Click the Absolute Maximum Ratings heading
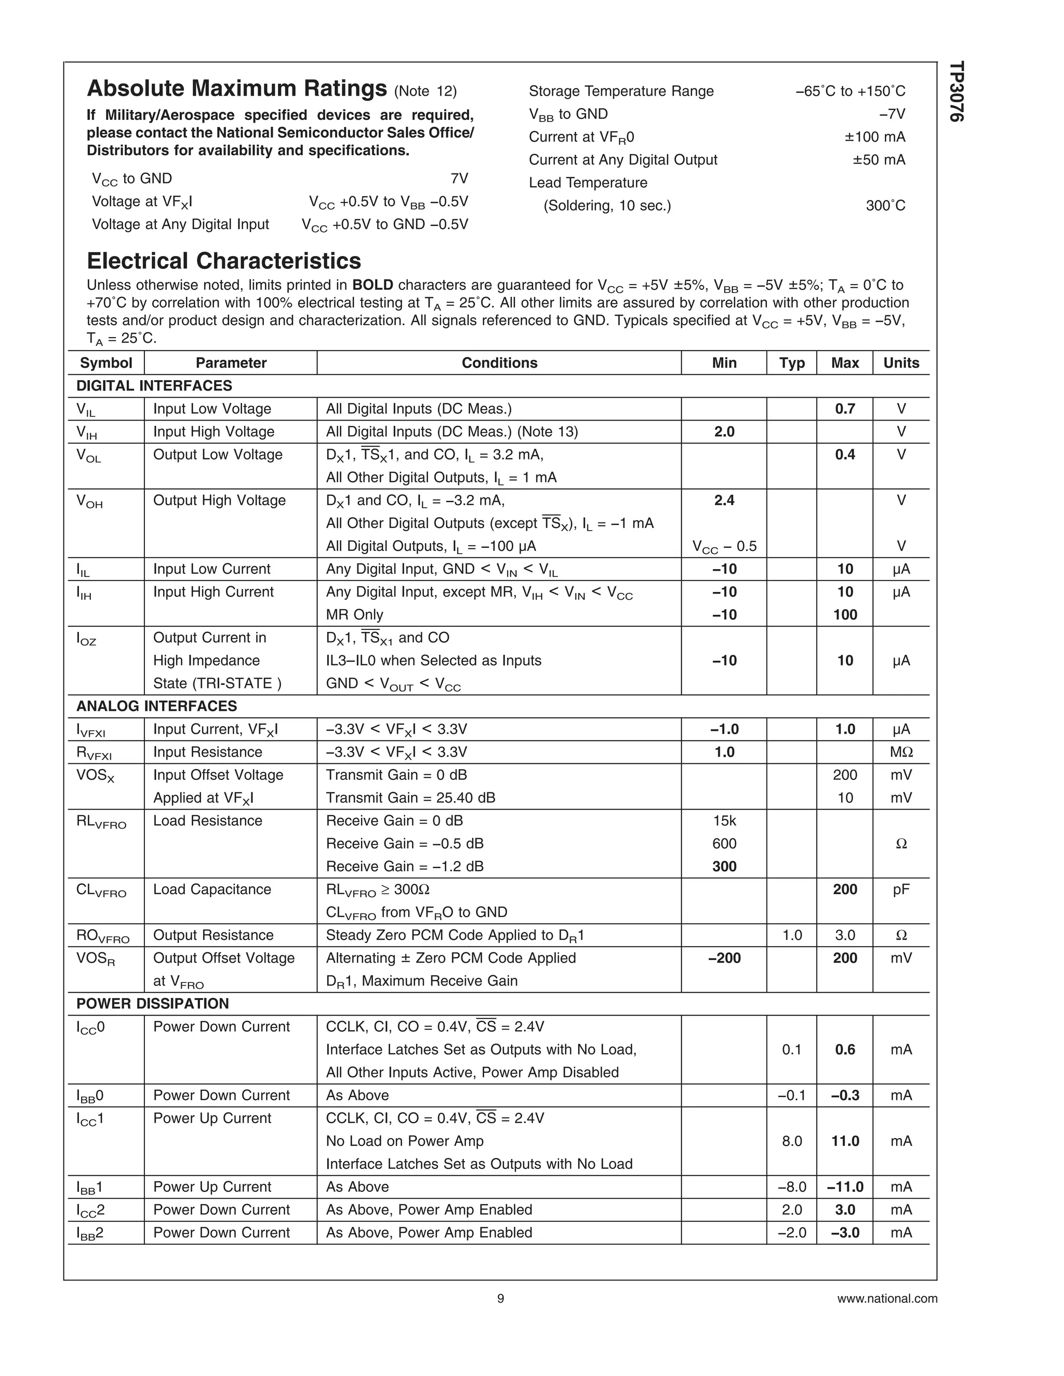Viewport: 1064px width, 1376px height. pos(236,89)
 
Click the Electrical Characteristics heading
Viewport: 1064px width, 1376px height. pos(224,261)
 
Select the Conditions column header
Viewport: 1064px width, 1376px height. pos(499,363)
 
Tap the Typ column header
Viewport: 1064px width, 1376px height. pos(792,363)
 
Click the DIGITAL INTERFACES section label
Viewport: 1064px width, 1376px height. pos(154,386)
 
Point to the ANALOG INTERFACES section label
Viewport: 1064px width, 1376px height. pos(156,706)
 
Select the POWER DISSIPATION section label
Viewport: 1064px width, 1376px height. pos(153,1004)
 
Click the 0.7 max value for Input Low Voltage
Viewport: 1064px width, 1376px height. pos(845,409)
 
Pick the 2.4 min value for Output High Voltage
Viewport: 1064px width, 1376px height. pos(724,500)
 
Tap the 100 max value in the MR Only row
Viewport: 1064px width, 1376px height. pos(845,614)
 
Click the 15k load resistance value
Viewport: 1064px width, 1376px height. pos(724,820)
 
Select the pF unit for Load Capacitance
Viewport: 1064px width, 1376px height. pos(901,889)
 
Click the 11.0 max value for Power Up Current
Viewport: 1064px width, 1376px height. pos(845,1141)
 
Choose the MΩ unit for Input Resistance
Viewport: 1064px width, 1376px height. pos(901,752)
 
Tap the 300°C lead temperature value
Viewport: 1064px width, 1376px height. pos(885,206)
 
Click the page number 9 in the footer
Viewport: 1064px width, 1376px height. pos(500,1299)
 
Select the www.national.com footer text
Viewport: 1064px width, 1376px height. pos(887,1299)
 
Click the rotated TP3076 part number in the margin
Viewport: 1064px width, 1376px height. pos(957,91)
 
